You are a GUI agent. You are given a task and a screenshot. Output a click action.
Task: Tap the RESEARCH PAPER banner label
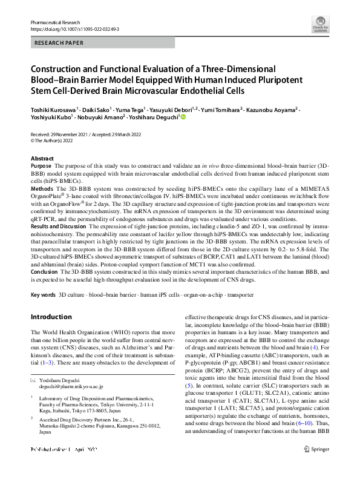[x=59, y=44]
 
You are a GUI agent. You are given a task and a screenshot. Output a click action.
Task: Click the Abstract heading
[x=42, y=157]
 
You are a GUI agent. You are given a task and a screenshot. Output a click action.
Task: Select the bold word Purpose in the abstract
[x=41, y=165]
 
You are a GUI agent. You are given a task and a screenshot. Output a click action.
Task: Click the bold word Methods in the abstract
[x=42, y=189]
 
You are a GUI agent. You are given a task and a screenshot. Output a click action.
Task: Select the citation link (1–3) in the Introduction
[x=46, y=362]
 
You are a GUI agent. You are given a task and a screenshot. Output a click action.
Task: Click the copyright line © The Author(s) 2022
[x=56, y=139]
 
